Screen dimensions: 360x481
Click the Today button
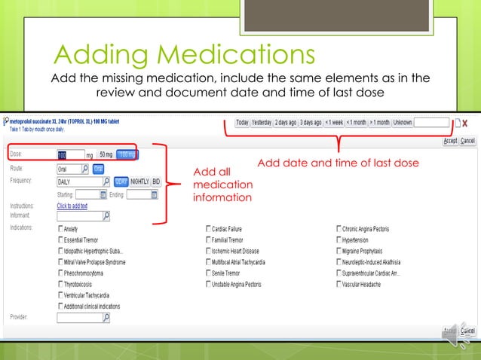click(x=242, y=122)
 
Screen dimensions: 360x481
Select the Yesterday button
click(x=262, y=122)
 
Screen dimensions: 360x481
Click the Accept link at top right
click(x=450, y=141)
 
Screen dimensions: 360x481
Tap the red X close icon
click(x=464, y=122)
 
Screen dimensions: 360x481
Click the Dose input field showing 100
click(x=71, y=156)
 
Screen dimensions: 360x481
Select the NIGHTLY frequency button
click(x=139, y=182)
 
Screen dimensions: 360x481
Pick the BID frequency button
click(x=156, y=182)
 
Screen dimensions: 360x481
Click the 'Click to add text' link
click(x=72, y=206)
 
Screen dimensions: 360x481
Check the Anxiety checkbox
click(x=60, y=228)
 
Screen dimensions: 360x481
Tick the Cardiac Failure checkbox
click(x=207, y=228)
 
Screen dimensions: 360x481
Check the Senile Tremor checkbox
click(x=207, y=273)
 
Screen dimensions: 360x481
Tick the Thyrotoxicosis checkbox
click(x=60, y=285)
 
